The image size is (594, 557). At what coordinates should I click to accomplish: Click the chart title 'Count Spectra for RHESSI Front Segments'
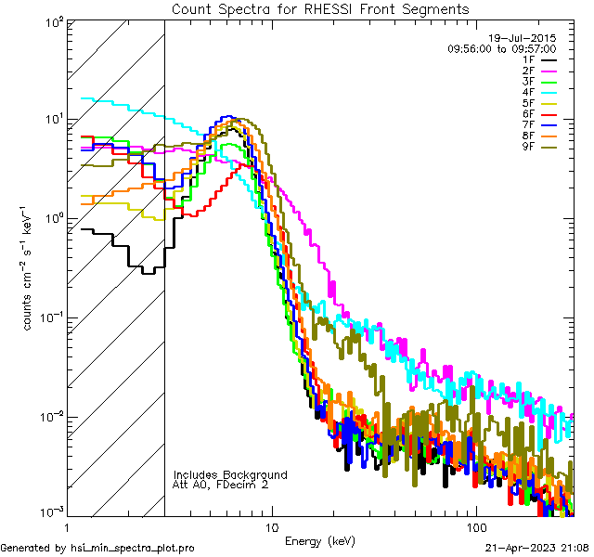coord(320,8)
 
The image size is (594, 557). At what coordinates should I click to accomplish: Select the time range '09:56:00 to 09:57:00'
coord(501,48)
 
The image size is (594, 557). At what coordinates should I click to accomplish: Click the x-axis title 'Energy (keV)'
coord(320,539)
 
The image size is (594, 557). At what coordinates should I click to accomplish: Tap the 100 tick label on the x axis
coord(475,526)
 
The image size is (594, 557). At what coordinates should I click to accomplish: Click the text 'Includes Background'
coord(229,474)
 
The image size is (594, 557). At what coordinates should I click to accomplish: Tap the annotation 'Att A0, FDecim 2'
coord(221,485)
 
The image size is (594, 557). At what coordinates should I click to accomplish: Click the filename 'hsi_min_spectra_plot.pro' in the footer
coord(132,548)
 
